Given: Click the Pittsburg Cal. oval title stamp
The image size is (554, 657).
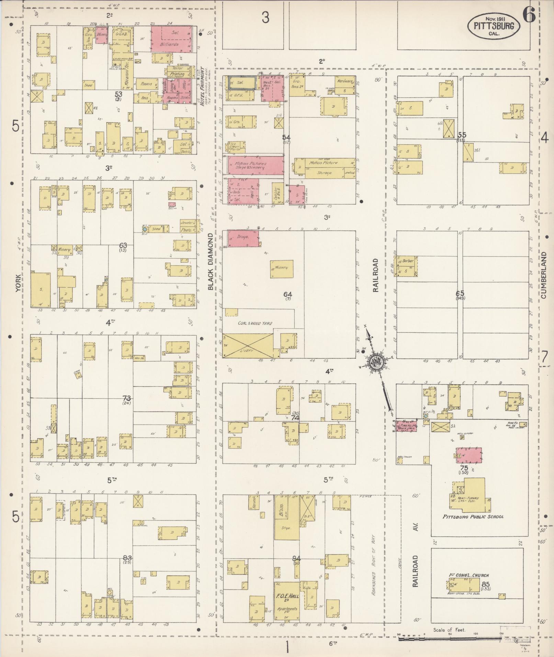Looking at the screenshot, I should (x=493, y=26).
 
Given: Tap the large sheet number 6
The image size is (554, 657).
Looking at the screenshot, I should (x=529, y=15).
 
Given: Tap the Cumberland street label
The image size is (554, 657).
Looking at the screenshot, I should (x=543, y=275).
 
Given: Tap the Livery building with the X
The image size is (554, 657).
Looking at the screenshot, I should (x=248, y=346).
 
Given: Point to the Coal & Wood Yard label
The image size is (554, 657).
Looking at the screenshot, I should (x=255, y=323).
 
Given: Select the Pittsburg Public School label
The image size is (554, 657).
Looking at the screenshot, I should (x=473, y=517).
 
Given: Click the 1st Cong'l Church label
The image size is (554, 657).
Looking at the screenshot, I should (x=469, y=576).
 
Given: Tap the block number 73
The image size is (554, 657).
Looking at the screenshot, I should (x=127, y=398).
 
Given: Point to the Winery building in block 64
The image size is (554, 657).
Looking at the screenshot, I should (x=282, y=269).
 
